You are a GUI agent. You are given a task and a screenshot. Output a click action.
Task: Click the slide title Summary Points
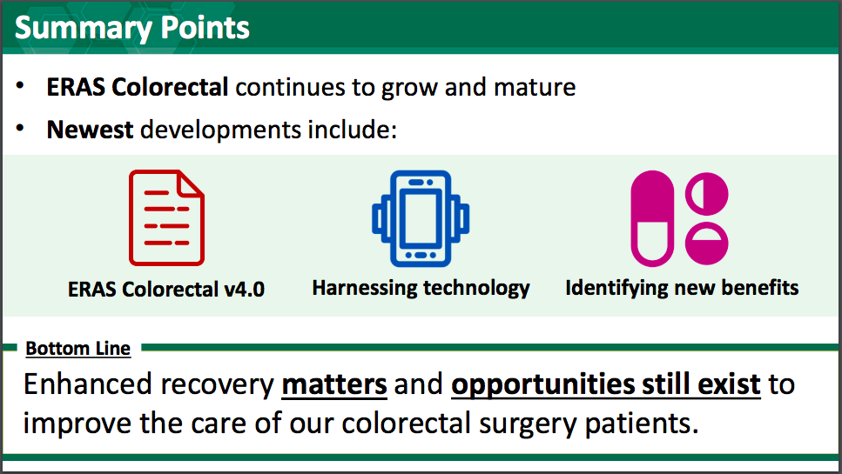tap(132, 29)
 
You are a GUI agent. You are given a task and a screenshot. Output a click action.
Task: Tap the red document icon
tap(166, 217)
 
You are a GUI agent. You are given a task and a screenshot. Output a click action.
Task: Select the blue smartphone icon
tap(421, 218)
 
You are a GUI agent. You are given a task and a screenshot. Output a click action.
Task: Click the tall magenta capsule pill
tap(652, 218)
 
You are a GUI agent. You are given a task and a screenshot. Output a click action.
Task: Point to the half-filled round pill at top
tap(707, 194)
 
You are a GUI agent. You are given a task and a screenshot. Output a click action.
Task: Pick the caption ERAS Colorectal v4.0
tap(166, 290)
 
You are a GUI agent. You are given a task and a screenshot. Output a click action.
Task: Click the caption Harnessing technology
tap(421, 289)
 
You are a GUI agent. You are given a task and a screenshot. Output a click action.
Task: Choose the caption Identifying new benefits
tap(682, 288)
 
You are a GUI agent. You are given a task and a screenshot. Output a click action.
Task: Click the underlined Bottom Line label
tap(77, 349)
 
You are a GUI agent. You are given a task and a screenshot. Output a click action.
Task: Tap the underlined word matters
tap(334, 384)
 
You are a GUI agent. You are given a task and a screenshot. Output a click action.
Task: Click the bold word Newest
tap(90, 130)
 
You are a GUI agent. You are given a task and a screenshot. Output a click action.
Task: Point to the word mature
tap(535, 87)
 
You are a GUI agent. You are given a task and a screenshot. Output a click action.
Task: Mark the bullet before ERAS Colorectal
tap(20, 85)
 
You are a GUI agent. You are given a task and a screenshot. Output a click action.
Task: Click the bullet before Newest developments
tap(20, 128)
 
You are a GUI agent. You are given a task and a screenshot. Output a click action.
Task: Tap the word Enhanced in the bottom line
tap(88, 384)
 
